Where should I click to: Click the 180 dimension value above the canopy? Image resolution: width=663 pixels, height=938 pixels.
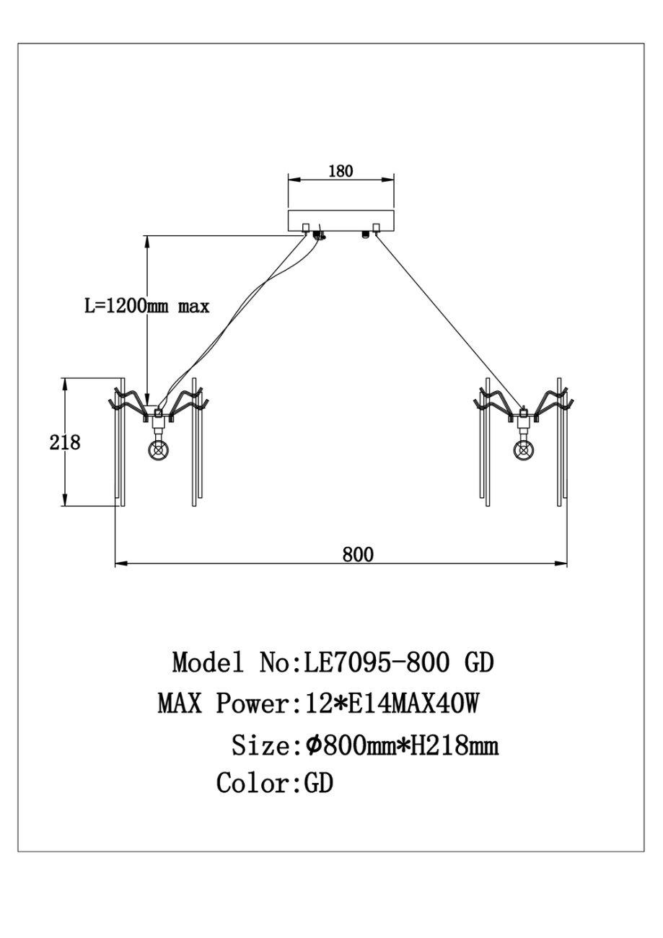(x=341, y=171)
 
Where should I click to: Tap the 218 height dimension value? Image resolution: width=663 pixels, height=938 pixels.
(x=65, y=442)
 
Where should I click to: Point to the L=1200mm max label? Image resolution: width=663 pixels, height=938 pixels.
(x=147, y=306)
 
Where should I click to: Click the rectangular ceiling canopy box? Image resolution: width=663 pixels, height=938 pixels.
(x=341, y=221)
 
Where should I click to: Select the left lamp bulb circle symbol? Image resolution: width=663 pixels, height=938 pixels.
(x=158, y=450)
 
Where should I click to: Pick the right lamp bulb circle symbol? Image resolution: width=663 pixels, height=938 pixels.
(x=524, y=450)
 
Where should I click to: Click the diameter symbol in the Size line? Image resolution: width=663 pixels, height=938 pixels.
(x=312, y=745)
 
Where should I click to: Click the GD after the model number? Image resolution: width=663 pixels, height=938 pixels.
(x=477, y=662)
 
